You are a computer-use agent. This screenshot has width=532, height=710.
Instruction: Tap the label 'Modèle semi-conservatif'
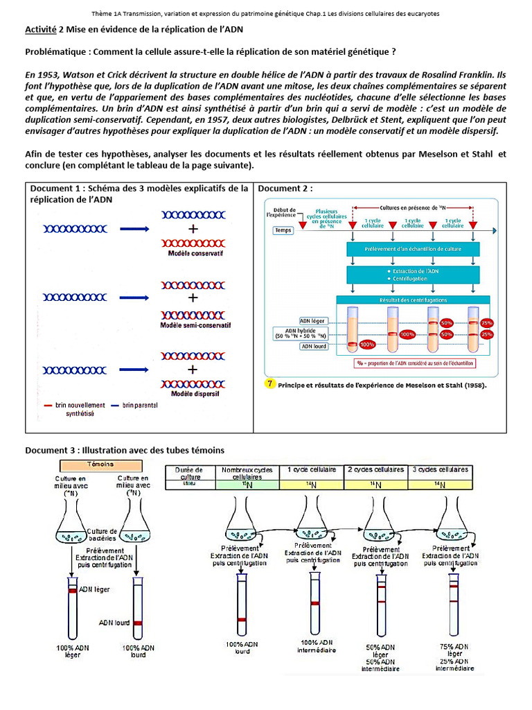195,325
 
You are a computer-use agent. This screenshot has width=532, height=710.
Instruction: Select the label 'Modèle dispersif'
194,396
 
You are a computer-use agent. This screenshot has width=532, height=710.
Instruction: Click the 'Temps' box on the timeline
283,230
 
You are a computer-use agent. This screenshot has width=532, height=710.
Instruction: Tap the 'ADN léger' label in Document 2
313,320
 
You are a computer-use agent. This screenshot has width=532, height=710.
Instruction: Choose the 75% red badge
487,322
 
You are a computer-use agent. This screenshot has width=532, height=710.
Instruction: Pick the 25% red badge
487,334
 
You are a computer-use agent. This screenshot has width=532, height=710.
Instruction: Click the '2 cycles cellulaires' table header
375,470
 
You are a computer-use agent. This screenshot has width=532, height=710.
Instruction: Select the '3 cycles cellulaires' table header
441,470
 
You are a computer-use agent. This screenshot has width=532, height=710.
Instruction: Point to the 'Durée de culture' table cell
190,473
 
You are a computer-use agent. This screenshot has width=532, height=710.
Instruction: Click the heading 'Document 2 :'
285,189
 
